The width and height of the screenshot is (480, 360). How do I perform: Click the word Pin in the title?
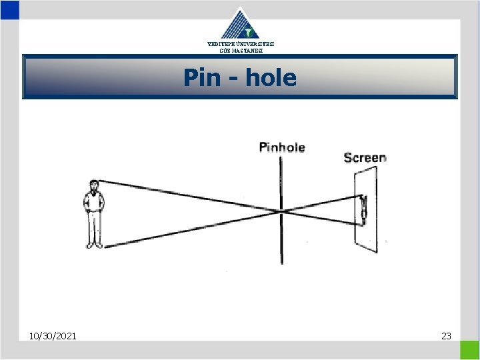click(x=201, y=78)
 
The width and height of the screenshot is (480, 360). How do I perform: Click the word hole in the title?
click(x=271, y=78)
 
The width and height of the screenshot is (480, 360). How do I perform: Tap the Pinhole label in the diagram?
click(x=281, y=147)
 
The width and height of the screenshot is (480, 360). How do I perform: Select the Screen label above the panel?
click(x=365, y=158)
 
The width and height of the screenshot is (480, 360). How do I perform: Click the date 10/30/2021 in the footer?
click(x=53, y=335)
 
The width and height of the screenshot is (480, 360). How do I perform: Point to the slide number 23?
click(x=446, y=335)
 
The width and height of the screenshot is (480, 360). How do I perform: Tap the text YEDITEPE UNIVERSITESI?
click(x=240, y=44)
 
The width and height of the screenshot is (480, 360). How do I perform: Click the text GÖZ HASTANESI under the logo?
click(x=240, y=51)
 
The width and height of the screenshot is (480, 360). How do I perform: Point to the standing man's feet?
click(x=94, y=245)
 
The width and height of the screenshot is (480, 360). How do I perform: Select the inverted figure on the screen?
click(x=363, y=207)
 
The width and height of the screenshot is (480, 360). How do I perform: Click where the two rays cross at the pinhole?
click(x=282, y=211)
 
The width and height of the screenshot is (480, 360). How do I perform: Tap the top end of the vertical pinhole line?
click(x=281, y=157)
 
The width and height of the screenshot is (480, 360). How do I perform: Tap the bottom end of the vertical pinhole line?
click(x=282, y=263)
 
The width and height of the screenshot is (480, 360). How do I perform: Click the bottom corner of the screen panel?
click(x=377, y=253)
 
